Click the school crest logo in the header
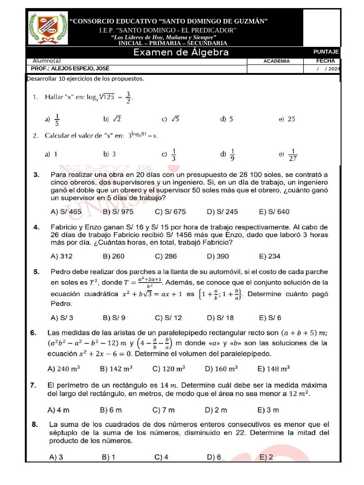pyautogui.click(x=44, y=28)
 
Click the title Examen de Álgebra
pyautogui.click(x=181, y=53)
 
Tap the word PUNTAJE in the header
pyautogui.click(x=326, y=52)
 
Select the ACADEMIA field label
pyautogui.click(x=276, y=62)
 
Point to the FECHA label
pyautogui.click(x=326, y=61)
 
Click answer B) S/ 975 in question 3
pyautogui.click(x=118, y=212)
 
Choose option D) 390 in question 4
pyautogui.click(x=218, y=256)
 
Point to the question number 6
pyautogui.click(x=33, y=333)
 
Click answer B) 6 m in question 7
pyautogui.click(x=111, y=410)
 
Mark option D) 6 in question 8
pyautogui.click(x=214, y=457)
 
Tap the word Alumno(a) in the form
pyautogui.click(x=47, y=61)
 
